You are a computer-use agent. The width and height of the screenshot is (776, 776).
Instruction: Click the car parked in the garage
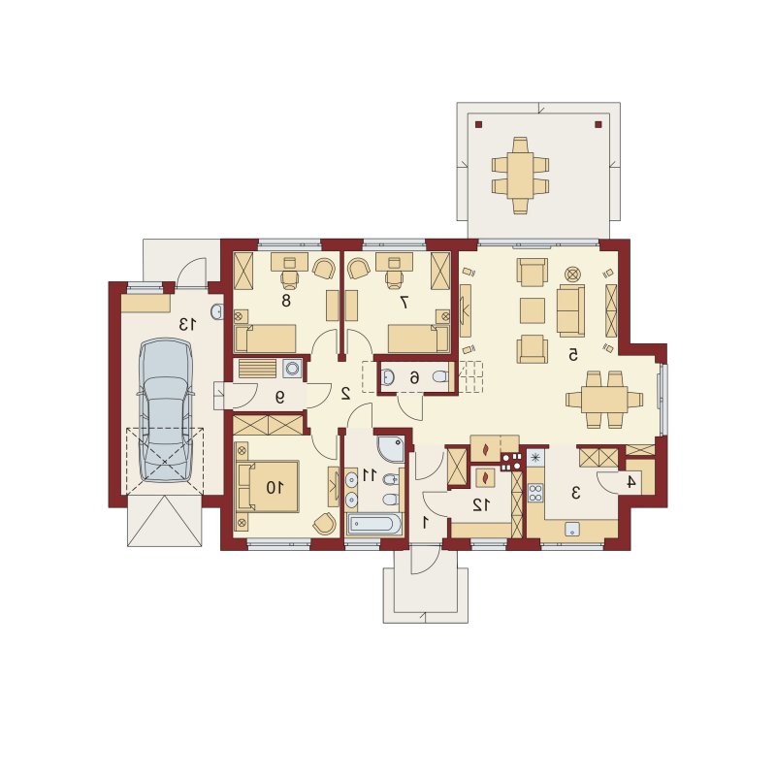coord(165,409)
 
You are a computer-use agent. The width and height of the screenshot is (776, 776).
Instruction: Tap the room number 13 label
coord(187,325)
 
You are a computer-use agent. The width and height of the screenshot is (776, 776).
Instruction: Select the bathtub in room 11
coord(374,525)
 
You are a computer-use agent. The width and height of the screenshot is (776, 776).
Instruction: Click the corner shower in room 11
coord(391,449)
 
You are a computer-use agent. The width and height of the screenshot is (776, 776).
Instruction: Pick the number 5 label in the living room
coord(572,354)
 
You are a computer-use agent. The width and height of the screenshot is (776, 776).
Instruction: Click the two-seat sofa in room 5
coord(570,310)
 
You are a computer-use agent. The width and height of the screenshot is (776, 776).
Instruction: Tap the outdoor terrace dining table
coord(520,176)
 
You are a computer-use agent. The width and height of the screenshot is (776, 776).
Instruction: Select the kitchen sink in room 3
coord(572,529)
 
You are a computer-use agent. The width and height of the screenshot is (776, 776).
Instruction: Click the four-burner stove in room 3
coord(535,493)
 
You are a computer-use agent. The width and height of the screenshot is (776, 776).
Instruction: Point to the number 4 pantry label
coord(630,481)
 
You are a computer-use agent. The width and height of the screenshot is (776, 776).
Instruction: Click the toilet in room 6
coord(439,377)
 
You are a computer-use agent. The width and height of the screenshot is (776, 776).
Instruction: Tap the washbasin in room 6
coord(387,377)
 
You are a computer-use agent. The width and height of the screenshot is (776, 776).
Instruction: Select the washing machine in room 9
coord(292,369)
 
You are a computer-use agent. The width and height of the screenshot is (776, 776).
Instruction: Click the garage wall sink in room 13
coord(216,311)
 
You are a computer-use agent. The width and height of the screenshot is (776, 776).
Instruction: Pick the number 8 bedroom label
coord(285,301)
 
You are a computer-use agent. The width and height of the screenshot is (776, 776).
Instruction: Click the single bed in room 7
coord(418,339)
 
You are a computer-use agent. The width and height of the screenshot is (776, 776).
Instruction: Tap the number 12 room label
coord(480,504)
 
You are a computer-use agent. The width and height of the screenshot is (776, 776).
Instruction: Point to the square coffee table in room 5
coord(532,310)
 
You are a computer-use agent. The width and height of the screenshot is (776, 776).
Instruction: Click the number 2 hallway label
coord(345,393)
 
